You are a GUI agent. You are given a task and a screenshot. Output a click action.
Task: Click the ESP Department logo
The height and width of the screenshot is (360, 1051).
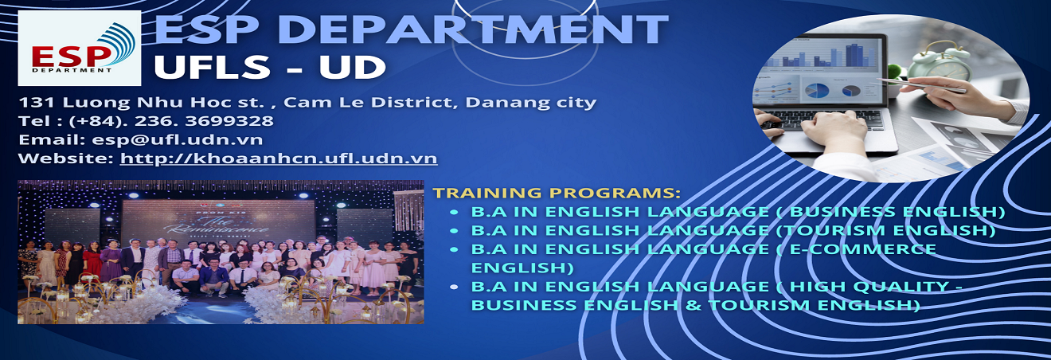coord(80,48)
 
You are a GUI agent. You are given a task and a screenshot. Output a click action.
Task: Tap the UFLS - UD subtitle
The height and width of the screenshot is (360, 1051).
coord(270,67)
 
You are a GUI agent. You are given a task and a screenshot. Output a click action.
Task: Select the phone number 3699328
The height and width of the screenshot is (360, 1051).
coord(229,121)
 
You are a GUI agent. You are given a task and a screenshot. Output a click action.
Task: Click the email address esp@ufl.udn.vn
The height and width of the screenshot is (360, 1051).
coord(178,140)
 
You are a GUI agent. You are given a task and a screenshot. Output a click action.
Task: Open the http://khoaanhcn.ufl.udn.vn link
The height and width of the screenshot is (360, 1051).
coord(279,158)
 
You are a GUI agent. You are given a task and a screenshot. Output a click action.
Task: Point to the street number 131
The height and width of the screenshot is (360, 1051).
coord(37,102)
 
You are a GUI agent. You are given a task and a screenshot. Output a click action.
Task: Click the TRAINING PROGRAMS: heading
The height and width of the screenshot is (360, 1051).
coord(556,193)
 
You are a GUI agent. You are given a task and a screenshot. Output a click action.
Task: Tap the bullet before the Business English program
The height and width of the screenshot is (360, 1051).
coord(454,212)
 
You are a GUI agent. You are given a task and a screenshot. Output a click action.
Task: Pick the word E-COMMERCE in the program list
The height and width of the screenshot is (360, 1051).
coord(863,248)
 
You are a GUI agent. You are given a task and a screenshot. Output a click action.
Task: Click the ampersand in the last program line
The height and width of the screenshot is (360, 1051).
coord(693,305)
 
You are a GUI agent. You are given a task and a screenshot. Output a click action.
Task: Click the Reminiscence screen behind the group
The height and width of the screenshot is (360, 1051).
coord(217,222)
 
